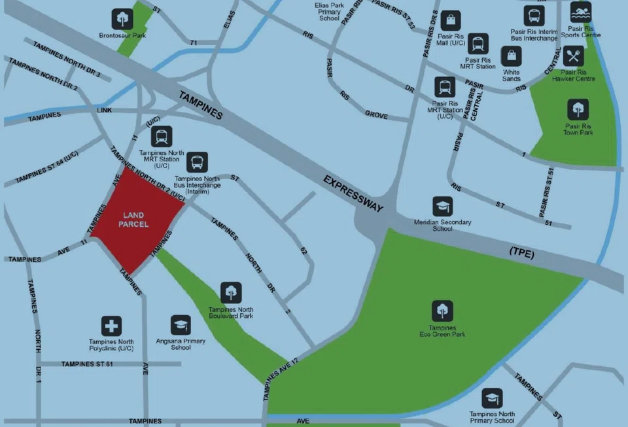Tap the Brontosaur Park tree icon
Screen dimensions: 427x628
click(122, 19)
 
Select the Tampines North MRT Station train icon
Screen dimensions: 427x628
click(162, 137)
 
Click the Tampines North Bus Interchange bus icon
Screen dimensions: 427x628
click(197, 162)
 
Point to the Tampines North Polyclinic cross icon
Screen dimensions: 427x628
click(111, 326)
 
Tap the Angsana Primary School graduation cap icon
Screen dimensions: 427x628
click(181, 325)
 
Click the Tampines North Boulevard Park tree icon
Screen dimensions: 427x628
click(231, 293)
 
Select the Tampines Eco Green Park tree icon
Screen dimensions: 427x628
click(442, 311)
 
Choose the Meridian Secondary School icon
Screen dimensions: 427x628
click(443, 207)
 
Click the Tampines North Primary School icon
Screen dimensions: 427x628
click(492, 398)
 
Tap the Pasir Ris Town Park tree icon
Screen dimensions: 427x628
click(578, 109)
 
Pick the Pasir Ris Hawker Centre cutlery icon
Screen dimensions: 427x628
click(574, 56)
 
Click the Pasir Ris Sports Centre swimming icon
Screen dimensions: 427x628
click(580, 12)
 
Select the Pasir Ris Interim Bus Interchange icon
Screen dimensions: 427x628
click(534, 16)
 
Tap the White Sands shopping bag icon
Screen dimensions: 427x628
click(512, 56)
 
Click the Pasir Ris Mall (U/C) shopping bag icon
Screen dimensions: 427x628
click(451, 21)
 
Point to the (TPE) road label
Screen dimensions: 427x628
click(521, 254)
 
